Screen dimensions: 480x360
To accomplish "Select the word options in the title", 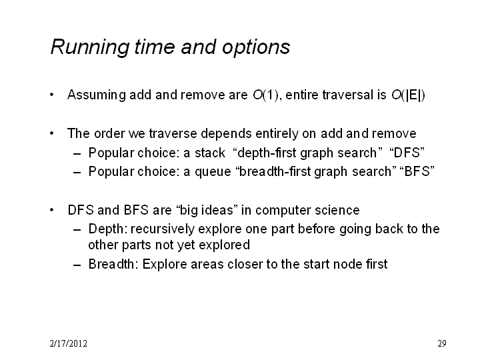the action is (x=256, y=48).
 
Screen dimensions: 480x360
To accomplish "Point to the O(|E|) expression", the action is (x=408, y=95).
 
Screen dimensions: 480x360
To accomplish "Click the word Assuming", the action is (x=97, y=95).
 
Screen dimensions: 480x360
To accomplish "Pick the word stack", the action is (x=210, y=153).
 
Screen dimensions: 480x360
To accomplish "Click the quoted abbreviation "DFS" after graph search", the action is (x=407, y=153).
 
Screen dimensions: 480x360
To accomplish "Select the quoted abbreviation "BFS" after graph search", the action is (x=417, y=171).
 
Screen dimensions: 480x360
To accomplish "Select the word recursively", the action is (x=163, y=229).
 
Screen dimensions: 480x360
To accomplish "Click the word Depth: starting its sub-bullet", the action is (x=108, y=229).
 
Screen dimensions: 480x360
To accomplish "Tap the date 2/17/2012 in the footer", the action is (x=68, y=343).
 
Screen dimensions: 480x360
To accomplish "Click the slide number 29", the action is (x=442, y=343).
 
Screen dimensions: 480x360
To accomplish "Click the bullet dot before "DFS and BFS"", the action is (x=52, y=210).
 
